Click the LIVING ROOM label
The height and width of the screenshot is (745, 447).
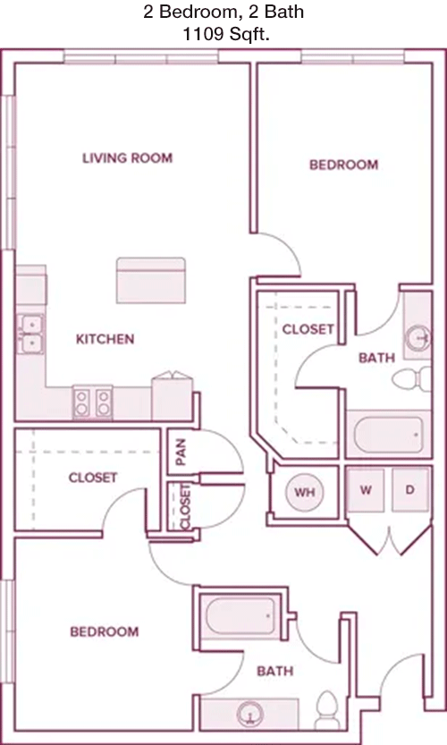[127, 157]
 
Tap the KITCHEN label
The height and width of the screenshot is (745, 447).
[105, 339]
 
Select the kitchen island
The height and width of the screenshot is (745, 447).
[151, 280]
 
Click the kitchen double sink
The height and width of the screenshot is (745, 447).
[31, 334]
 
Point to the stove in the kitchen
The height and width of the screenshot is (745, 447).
[93, 402]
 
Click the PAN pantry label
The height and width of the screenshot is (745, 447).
[181, 452]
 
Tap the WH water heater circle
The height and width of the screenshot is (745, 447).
[305, 492]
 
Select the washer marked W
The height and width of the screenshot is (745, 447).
[366, 490]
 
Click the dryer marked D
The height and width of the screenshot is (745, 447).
[410, 490]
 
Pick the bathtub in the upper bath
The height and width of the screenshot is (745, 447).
[388, 436]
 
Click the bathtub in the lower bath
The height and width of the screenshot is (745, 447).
[240, 615]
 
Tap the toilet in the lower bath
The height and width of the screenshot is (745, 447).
[327, 710]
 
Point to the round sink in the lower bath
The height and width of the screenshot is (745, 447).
[249, 715]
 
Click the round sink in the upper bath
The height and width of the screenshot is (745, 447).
[418, 338]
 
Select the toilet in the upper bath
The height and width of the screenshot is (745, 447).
[411, 379]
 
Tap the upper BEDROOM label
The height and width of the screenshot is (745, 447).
[344, 165]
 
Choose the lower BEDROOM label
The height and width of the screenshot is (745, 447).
[105, 631]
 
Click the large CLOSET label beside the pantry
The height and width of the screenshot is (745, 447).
[93, 478]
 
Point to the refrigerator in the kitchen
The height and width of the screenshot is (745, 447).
[172, 397]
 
